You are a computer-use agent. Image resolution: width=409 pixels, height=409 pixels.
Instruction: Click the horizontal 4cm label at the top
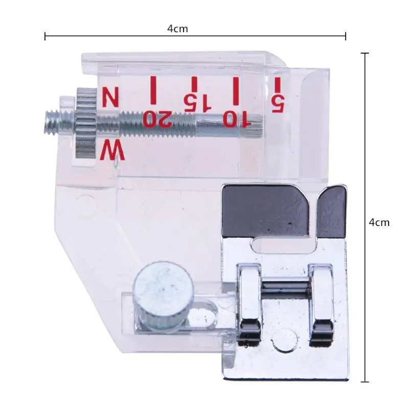[177, 29]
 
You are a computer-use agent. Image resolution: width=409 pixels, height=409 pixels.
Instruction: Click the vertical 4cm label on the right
[379, 222]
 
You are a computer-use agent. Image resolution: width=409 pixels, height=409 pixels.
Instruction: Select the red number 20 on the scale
[157, 119]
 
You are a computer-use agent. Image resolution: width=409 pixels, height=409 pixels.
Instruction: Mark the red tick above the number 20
[152, 89]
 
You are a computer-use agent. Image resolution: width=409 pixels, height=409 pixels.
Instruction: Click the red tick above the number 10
[236, 89]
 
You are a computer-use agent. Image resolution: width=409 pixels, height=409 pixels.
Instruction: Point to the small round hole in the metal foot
[285, 338]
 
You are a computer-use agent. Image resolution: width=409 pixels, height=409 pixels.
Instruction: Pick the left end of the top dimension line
[46, 36]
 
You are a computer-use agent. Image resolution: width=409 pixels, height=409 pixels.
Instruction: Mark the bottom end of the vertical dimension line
[365, 381]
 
